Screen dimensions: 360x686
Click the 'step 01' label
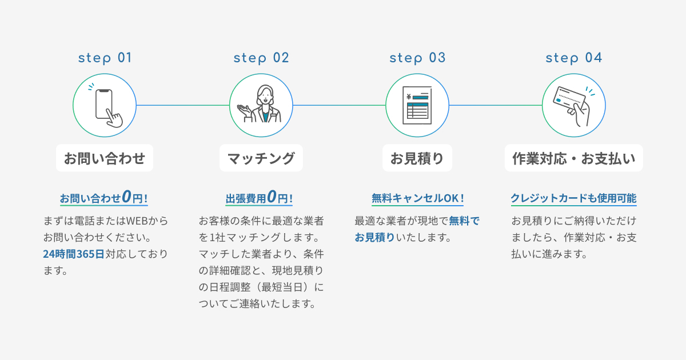(x=105, y=58)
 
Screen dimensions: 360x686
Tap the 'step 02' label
(x=261, y=58)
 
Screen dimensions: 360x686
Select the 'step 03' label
(x=417, y=58)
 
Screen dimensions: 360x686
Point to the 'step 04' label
(x=573, y=58)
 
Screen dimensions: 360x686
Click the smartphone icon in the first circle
(x=106, y=106)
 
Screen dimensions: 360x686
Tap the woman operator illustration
(x=261, y=105)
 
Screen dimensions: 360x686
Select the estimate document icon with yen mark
(x=417, y=105)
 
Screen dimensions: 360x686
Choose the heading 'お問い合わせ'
(x=105, y=158)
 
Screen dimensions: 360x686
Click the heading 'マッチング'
(x=261, y=158)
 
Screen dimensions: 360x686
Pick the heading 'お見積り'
(x=417, y=158)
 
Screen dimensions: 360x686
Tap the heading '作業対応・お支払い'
(x=573, y=158)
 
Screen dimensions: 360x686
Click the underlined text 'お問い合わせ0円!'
(x=104, y=198)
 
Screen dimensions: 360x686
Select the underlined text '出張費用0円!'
(x=260, y=198)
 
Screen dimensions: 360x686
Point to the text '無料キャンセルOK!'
(x=417, y=198)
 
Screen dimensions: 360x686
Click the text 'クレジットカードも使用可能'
(x=573, y=198)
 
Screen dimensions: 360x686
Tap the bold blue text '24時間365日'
(x=74, y=254)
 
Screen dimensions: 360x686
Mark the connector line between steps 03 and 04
(x=495, y=105)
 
